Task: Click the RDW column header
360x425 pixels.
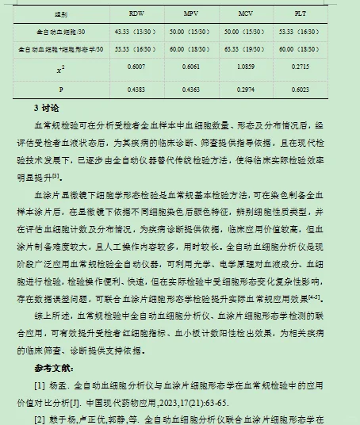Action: tap(136, 15)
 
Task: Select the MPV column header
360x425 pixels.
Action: tap(191, 15)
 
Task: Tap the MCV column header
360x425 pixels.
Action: tap(246, 15)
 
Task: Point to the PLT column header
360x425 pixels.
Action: tap(301, 15)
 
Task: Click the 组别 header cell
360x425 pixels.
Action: tap(60, 15)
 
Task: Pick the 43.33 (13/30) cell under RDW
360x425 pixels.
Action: tap(136, 32)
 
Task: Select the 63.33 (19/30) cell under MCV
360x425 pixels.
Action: tap(246, 49)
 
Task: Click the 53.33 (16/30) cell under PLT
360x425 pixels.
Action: tap(301, 32)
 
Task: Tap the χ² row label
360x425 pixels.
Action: tap(60, 70)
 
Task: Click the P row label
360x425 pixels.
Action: tap(60, 89)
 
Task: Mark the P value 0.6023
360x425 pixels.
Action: tap(301, 89)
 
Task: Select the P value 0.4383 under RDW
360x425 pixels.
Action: tap(136, 89)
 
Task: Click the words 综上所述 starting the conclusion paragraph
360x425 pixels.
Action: tap(50, 315)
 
